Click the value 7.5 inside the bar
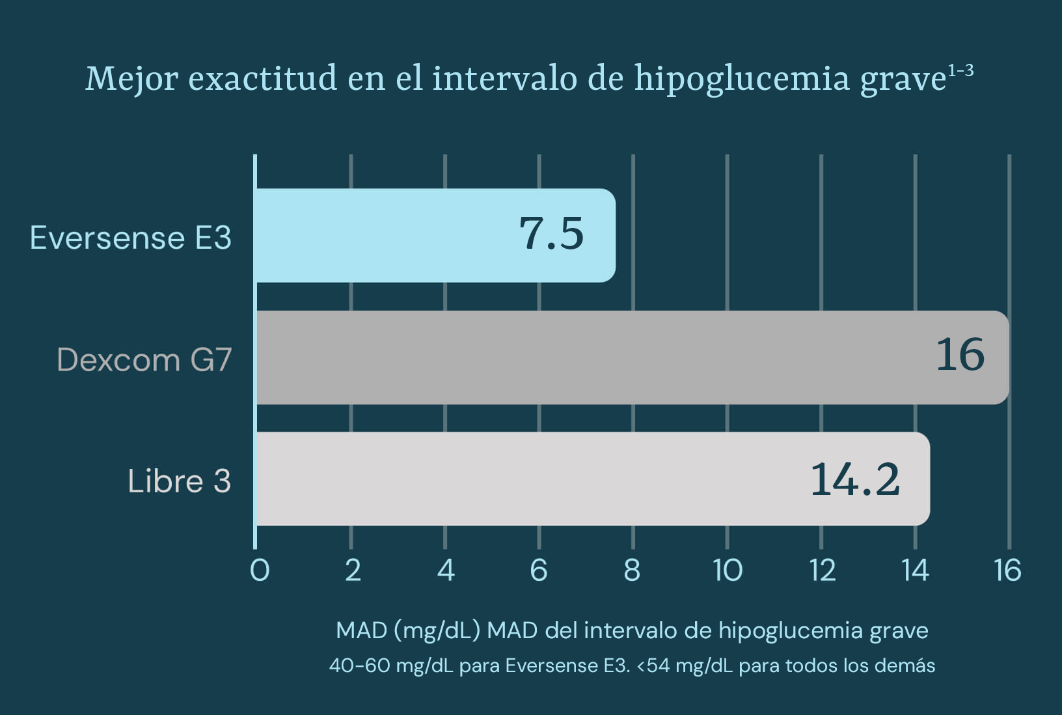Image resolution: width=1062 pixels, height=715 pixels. pos(551,234)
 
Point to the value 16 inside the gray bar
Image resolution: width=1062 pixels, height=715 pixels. pos(960,355)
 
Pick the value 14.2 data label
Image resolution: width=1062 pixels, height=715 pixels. pos(855,479)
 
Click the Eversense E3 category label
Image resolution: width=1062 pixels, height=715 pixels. pos(131,237)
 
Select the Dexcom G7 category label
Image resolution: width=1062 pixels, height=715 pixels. pos(144,359)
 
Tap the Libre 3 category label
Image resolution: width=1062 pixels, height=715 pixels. pos(179,481)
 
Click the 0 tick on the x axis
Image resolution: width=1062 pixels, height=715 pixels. pos(260,570)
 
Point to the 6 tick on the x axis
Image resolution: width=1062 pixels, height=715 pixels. pos(539,570)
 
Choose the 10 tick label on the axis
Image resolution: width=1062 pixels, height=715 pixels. pos(728,570)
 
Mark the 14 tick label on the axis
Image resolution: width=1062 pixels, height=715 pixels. pos(915,570)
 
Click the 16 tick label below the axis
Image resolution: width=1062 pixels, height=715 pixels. pos(1007,570)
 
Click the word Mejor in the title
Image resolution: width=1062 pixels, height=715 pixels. pos(131,79)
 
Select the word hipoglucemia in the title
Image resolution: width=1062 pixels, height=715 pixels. pos(742,79)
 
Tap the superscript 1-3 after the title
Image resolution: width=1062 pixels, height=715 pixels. pos(960,70)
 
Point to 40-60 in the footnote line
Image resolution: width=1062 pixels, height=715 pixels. pos(359,666)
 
